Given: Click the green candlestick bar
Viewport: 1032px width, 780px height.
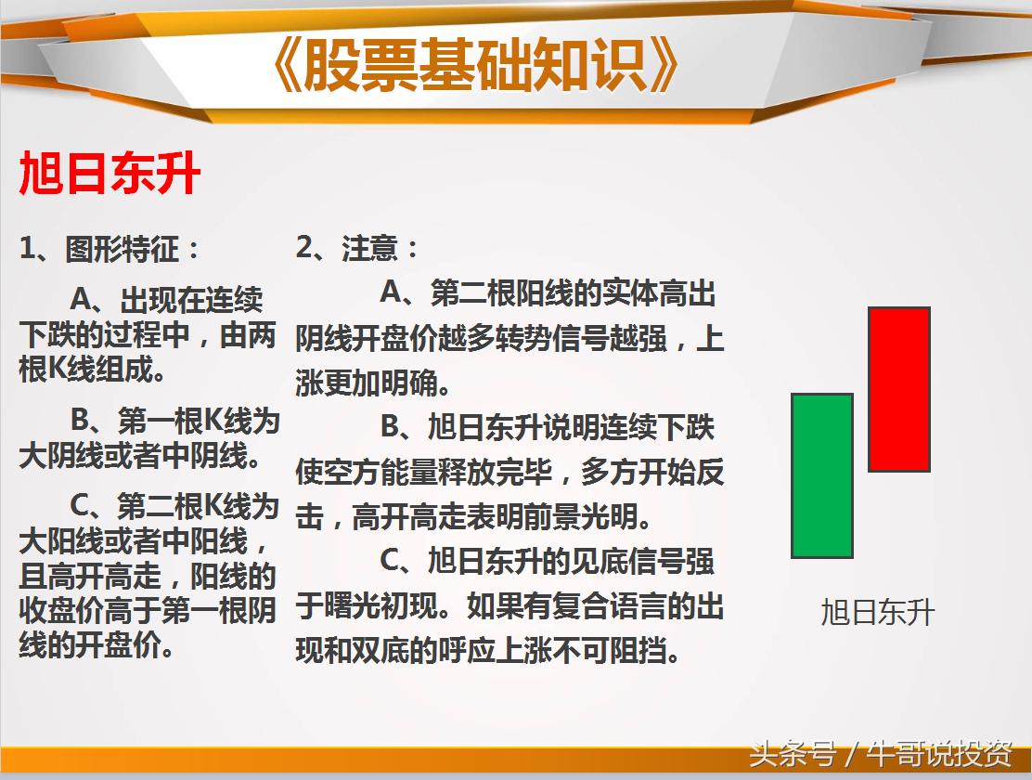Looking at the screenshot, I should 821,475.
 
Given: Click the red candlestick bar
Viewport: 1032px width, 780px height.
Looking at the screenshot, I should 898,389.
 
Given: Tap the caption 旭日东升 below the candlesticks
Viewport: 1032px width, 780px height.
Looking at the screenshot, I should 877,613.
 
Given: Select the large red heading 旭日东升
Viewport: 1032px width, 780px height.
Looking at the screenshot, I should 110,174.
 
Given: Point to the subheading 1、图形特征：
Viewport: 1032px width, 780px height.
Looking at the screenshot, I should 110,249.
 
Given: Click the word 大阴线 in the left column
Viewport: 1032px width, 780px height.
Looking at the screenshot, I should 56,457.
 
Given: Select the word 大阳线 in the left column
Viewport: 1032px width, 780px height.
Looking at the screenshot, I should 56,541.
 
